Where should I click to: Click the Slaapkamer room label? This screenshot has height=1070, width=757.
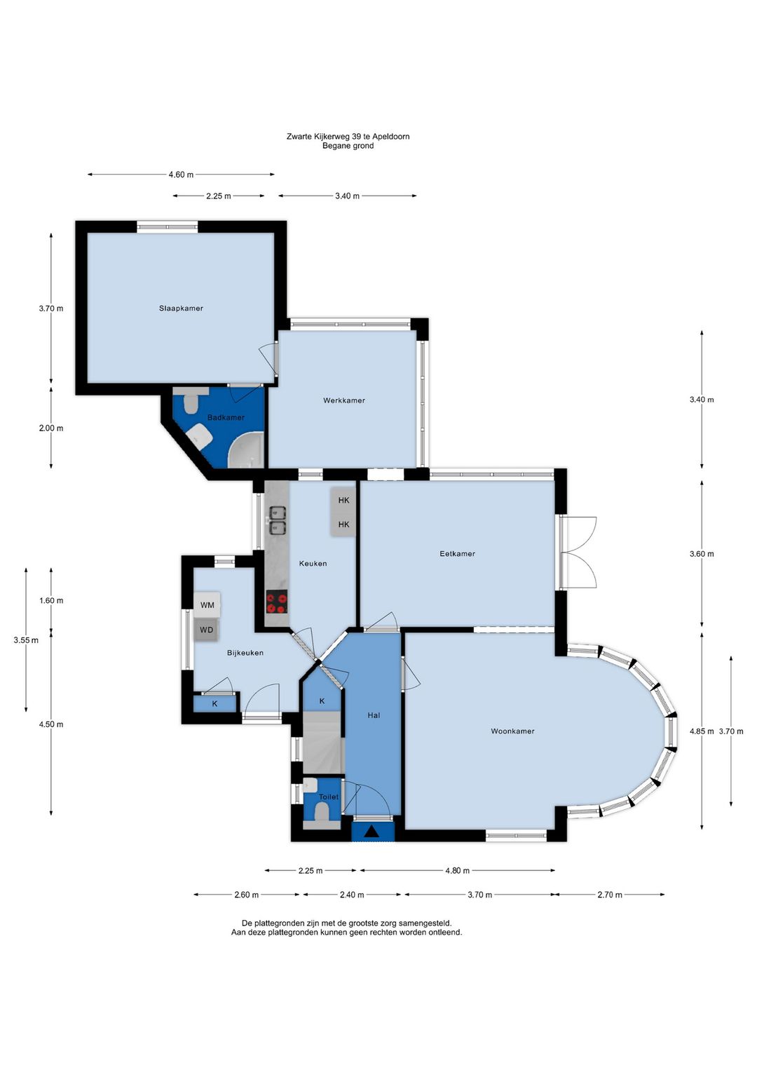click(181, 309)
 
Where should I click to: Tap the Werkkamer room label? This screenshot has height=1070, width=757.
click(344, 400)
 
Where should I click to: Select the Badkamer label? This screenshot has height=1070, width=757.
click(226, 417)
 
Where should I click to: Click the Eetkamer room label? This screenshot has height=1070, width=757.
click(457, 554)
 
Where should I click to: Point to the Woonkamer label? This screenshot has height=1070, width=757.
click(512, 731)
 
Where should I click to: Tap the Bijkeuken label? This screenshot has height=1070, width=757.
click(245, 653)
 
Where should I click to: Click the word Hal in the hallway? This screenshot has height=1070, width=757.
click(374, 715)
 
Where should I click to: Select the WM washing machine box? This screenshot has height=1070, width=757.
click(207, 604)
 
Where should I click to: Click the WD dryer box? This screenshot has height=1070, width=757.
click(207, 630)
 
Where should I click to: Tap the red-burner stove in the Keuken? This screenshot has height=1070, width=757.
click(277, 602)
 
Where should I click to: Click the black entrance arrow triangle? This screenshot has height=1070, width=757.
click(372, 832)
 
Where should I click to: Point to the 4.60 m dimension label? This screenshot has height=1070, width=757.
click(181, 175)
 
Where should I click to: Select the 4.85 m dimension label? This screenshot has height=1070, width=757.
click(702, 731)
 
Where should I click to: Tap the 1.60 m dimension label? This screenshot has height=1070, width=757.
click(51, 600)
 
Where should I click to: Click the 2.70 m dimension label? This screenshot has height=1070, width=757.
click(609, 895)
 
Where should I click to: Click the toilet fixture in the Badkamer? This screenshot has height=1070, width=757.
click(191, 402)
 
